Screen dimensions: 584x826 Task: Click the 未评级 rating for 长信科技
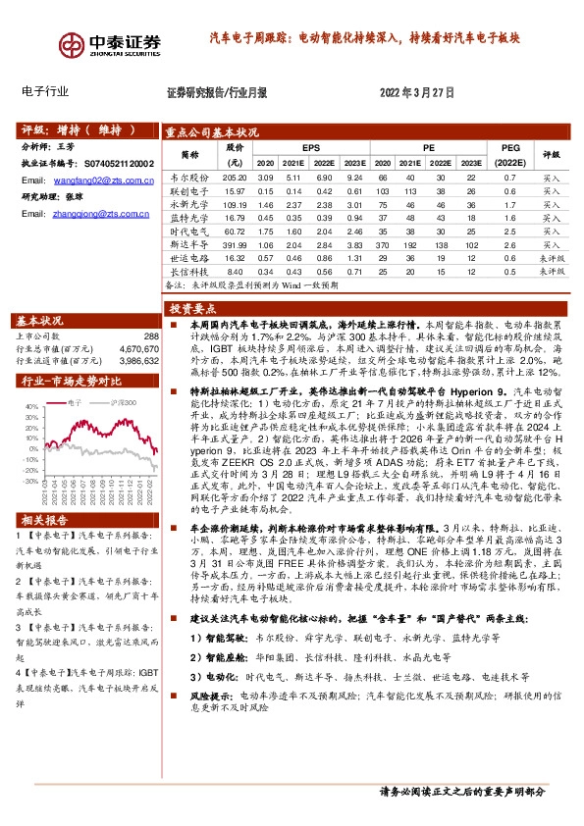(550, 271)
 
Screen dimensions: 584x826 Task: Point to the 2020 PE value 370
(381, 243)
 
